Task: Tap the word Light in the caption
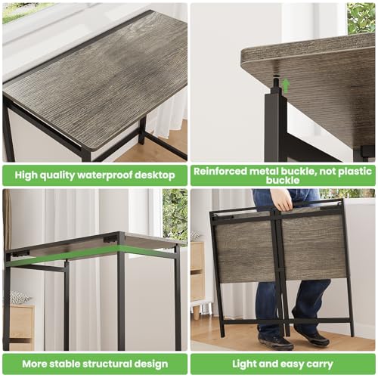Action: (245, 364)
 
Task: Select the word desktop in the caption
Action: (156, 175)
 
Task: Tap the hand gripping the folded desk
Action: (280, 201)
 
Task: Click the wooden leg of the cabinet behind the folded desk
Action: (199, 308)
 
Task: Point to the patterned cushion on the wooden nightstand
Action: (20, 298)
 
